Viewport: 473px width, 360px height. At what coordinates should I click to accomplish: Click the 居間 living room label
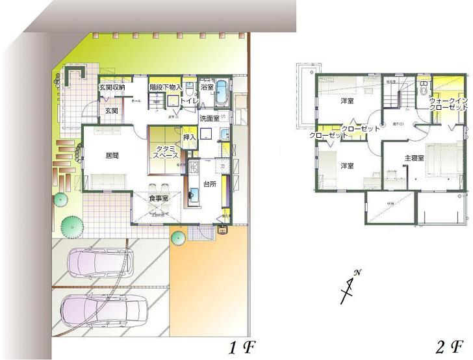coord(98,156)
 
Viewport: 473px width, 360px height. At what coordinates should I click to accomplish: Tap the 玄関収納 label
coord(112,86)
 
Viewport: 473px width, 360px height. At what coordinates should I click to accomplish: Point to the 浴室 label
coord(207,86)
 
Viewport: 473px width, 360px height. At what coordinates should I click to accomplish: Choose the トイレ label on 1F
coord(189,102)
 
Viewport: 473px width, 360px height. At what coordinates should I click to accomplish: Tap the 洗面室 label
coord(209,119)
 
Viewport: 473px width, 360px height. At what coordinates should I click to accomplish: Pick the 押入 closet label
coord(190,138)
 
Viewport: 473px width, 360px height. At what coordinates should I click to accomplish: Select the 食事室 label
coord(159,198)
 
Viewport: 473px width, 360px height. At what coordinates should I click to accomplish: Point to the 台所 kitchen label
coord(209,184)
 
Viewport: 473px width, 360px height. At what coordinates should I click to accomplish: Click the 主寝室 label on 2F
coord(414,158)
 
